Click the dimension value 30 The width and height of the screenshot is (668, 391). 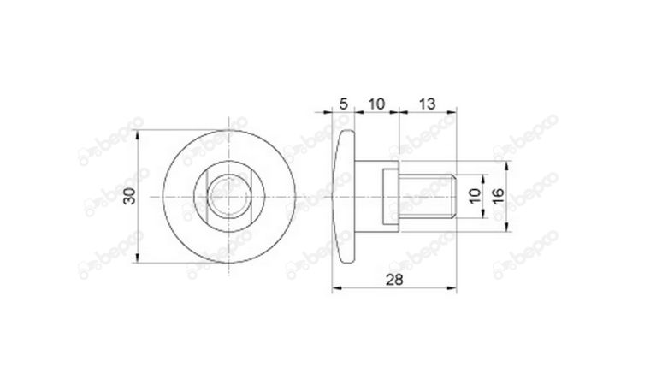[x=129, y=196]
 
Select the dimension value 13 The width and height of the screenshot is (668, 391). [x=428, y=104]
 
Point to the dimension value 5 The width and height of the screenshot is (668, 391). [x=343, y=104]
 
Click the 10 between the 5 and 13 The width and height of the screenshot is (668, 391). [x=375, y=104]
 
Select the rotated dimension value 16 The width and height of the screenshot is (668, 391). [x=499, y=197]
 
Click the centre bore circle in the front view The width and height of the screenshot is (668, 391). [x=229, y=197]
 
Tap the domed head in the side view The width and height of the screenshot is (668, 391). [x=343, y=197]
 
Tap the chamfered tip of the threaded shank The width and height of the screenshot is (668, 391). [x=453, y=197]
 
